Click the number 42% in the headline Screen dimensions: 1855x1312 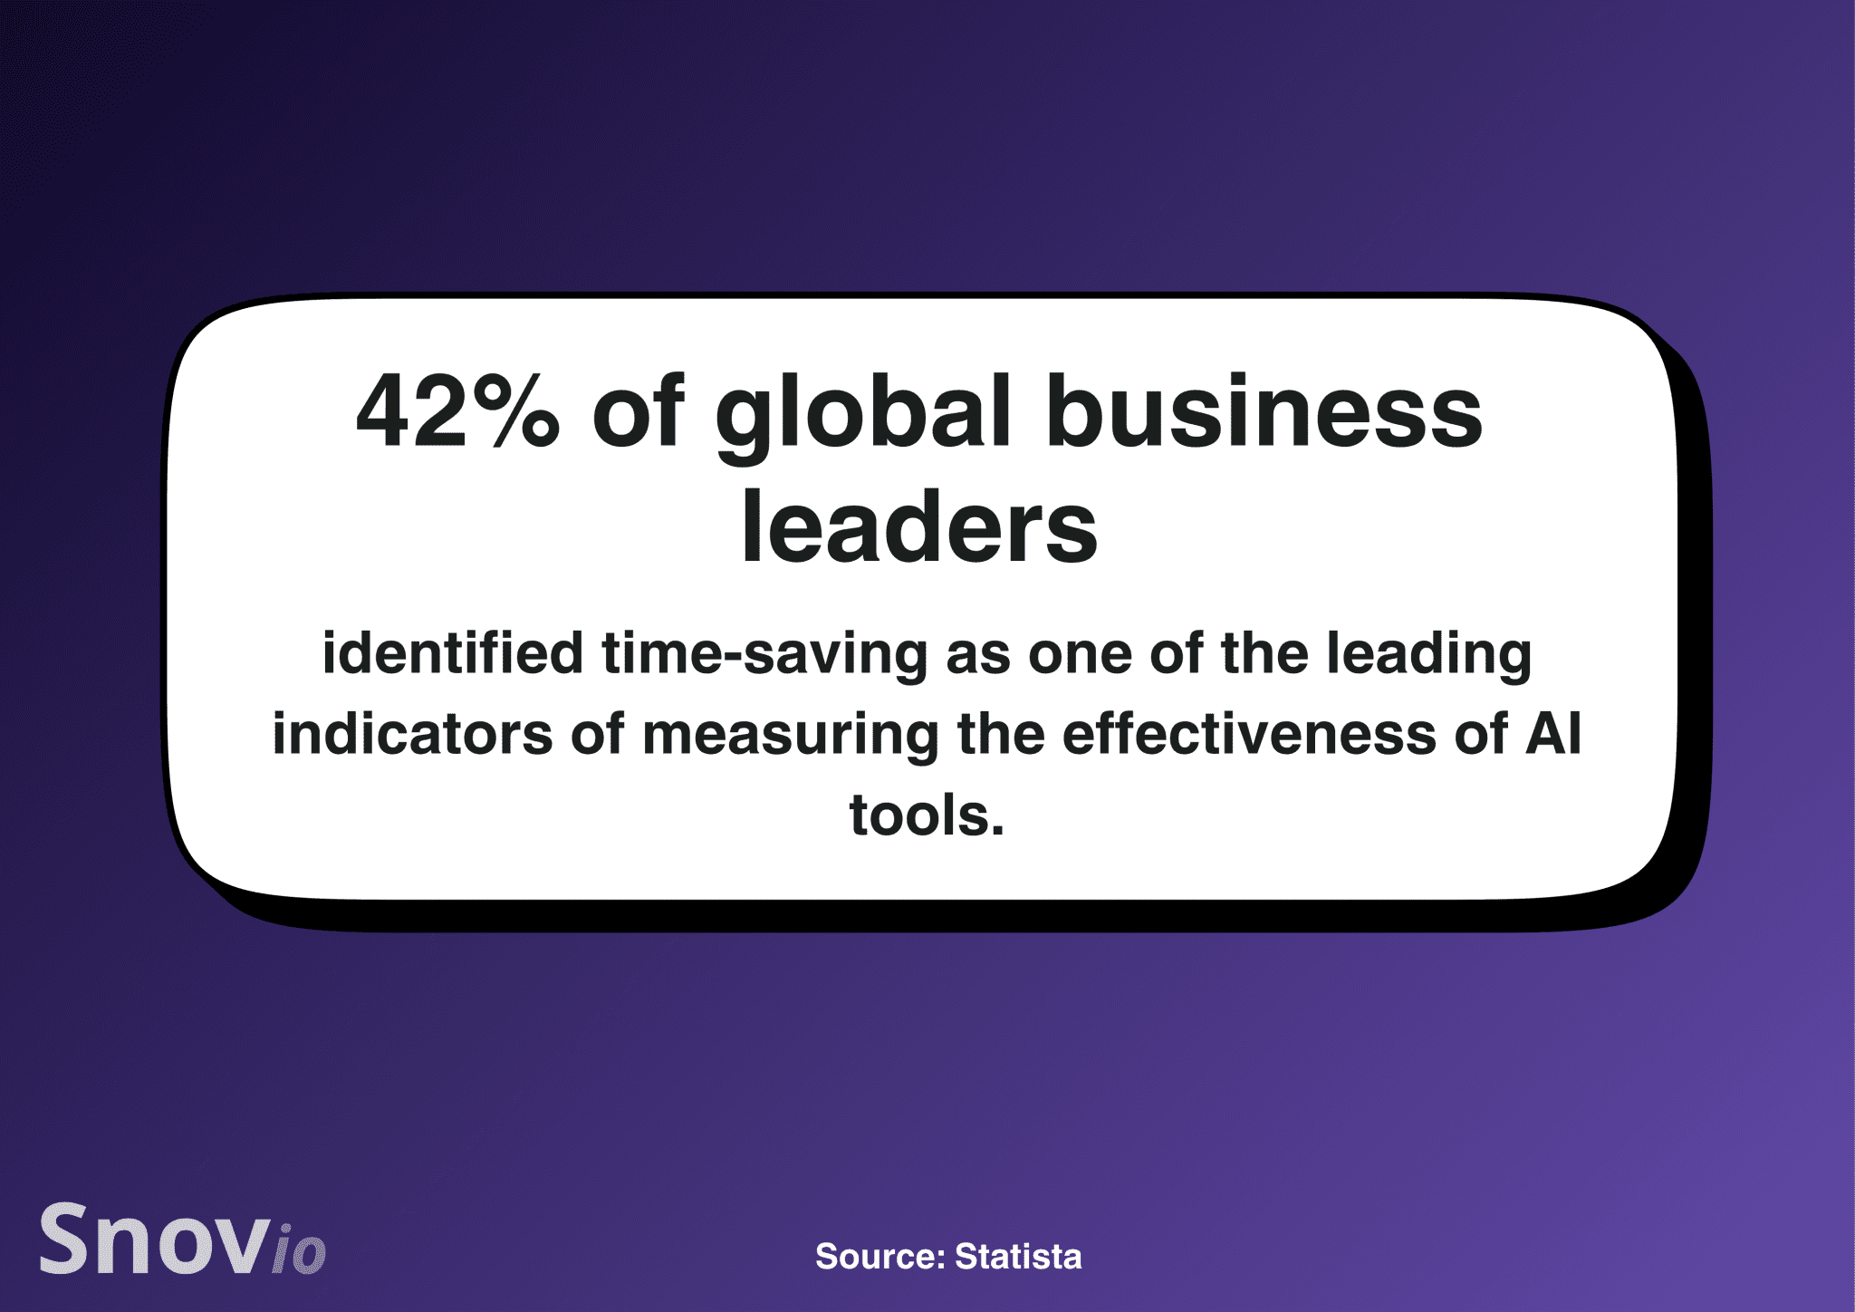tap(458, 411)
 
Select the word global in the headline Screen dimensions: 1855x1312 tap(862, 417)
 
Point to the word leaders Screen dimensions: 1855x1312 tap(919, 526)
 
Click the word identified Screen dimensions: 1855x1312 tap(453, 653)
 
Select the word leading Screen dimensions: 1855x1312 tap(1428, 656)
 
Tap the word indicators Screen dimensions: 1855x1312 tap(412, 733)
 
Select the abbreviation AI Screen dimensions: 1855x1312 tap(1552, 733)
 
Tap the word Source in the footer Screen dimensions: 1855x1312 tap(880, 1257)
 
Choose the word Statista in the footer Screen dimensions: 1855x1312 tap(1018, 1257)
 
